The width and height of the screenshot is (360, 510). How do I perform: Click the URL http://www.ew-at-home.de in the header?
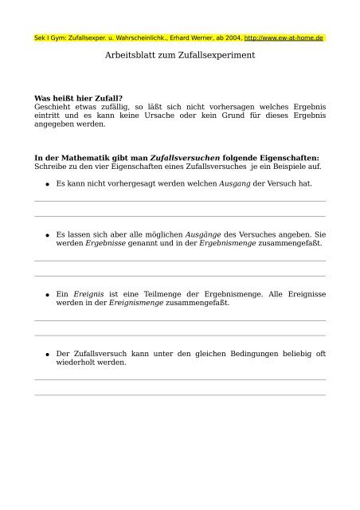[x=284, y=38]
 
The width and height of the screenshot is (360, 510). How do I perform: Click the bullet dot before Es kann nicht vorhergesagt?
[x=47, y=184]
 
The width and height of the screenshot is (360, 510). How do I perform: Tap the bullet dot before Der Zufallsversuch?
[x=47, y=355]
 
